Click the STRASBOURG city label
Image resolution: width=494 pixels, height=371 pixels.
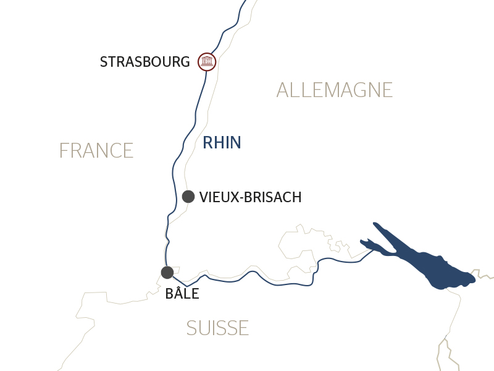point(144,62)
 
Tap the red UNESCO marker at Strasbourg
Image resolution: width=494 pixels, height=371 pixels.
point(206,61)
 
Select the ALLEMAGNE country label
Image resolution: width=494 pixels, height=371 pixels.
point(334,90)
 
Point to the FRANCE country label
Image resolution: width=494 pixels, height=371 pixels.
point(96,151)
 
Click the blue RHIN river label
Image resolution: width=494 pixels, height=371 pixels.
point(222,143)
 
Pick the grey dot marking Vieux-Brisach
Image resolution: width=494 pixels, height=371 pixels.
point(188,197)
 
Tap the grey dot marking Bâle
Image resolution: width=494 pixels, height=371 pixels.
point(167,272)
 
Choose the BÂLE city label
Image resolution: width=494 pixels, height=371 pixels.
point(182,294)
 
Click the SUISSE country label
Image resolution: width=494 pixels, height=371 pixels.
point(217,328)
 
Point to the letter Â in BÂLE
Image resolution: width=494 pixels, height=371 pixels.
point(178,294)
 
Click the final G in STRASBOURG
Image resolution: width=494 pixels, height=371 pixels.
point(184,62)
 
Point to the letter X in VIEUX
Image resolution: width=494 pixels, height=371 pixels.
point(233,197)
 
